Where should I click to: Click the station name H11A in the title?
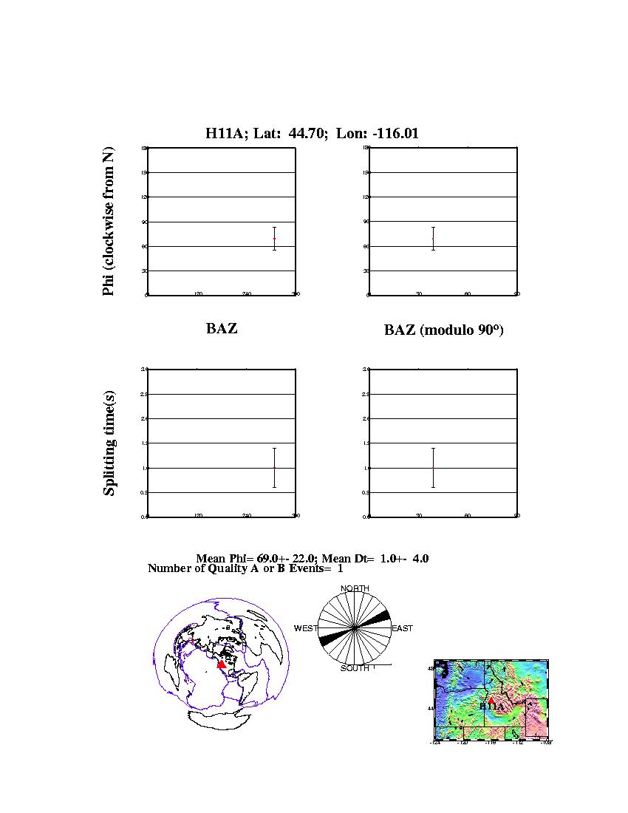tap(221, 134)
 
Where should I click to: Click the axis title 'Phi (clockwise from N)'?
tap(109, 222)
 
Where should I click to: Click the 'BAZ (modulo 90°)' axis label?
tap(443, 330)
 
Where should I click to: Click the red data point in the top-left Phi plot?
tap(274, 239)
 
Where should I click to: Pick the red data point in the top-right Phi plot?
tap(433, 239)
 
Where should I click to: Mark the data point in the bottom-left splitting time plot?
tap(274, 467)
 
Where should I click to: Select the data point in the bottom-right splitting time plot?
tap(433, 467)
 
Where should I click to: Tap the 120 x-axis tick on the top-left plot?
tap(198, 294)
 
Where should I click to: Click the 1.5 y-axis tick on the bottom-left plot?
tap(144, 443)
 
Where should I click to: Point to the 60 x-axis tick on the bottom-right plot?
tap(468, 516)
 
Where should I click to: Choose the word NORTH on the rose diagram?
tap(355, 588)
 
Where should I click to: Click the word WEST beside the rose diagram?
tap(306, 628)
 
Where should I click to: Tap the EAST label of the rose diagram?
tap(402, 628)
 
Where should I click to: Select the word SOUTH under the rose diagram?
tap(355, 668)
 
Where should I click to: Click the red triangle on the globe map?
tap(221, 664)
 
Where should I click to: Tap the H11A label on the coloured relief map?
tap(491, 706)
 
